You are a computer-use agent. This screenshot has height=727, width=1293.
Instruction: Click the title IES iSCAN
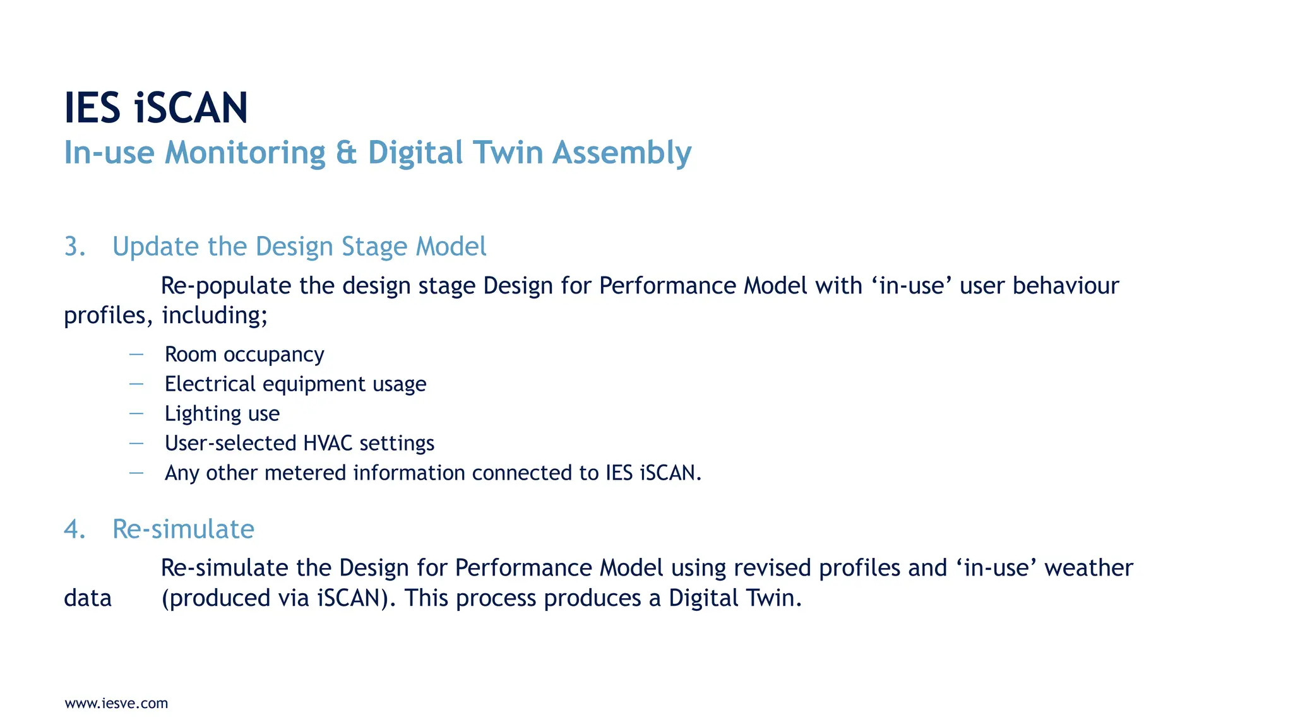(156, 108)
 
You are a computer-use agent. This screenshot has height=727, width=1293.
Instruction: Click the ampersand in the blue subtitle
(346, 153)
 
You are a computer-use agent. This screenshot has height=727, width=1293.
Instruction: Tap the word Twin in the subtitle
(508, 153)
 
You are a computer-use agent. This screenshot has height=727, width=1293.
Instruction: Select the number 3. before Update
(74, 247)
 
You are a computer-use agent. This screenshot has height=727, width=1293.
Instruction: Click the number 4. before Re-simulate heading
(74, 529)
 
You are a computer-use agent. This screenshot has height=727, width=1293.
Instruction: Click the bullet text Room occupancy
(244, 355)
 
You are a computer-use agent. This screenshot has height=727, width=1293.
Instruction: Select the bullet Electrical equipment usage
(295, 384)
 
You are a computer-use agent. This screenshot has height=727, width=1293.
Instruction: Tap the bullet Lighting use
(222, 414)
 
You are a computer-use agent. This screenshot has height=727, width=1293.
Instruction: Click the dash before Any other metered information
(136, 473)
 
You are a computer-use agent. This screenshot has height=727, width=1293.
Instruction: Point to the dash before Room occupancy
(136, 355)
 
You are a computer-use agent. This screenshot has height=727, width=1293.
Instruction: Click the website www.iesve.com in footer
(116, 704)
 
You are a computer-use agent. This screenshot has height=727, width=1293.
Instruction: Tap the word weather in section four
(1088, 569)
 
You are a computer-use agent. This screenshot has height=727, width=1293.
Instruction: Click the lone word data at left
(88, 598)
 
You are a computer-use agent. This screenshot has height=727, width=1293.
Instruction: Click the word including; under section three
(215, 316)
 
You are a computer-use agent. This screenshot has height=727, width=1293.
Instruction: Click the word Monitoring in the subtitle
(245, 153)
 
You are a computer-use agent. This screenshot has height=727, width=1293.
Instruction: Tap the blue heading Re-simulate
(183, 529)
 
